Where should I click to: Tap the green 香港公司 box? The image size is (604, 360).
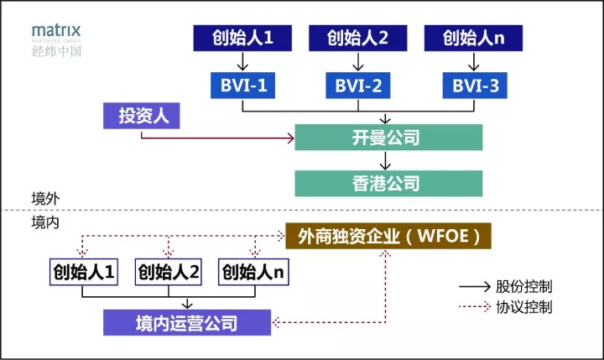point(388,183)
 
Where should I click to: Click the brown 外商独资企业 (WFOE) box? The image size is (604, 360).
point(388,237)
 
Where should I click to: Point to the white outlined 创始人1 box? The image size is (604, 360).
point(83,272)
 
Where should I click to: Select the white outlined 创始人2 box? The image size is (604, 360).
point(169,272)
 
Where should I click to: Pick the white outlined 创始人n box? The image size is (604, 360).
point(253,272)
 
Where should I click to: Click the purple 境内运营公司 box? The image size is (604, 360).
point(186,321)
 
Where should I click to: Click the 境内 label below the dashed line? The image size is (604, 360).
point(43,222)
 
